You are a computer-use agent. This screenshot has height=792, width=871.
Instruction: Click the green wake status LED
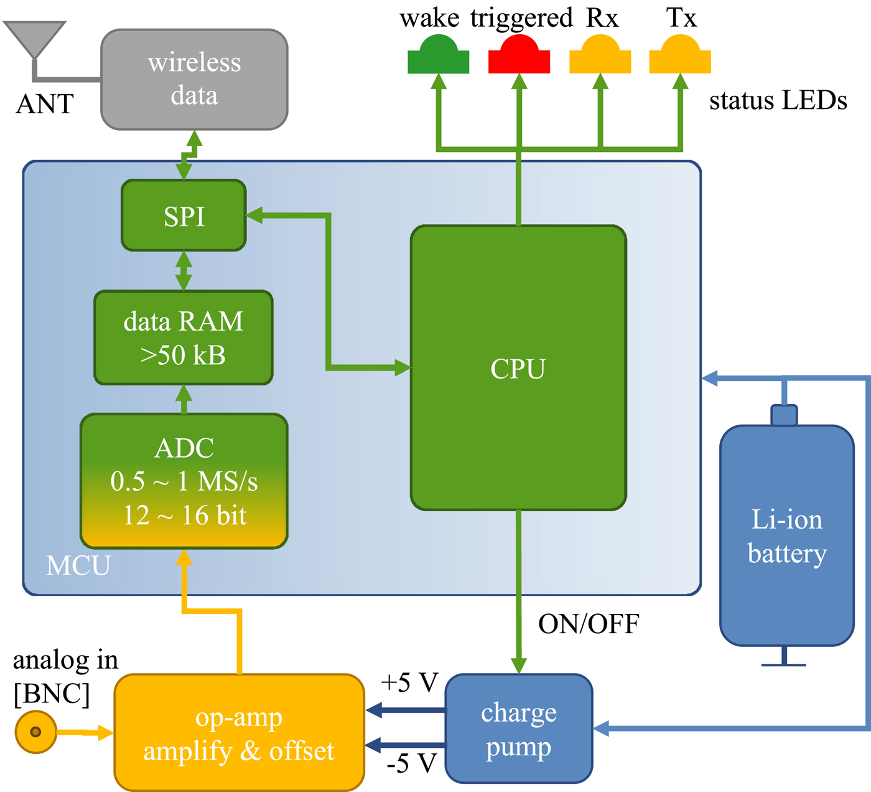(x=438, y=56)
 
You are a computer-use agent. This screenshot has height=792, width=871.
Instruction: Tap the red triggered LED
(x=519, y=56)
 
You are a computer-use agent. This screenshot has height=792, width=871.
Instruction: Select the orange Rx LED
(x=600, y=56)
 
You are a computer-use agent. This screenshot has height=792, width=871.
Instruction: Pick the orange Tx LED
(x=680, y=56)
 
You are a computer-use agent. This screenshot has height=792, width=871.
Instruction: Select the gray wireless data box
(x=194, y=80)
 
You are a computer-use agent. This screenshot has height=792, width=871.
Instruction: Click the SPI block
(x=184, y=215)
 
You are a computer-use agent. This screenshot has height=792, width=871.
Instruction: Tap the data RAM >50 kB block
(x=184, y=337)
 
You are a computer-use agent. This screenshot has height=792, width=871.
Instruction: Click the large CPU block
(x=518, y=368)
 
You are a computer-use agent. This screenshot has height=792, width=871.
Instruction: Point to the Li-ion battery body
(x=786, y=535)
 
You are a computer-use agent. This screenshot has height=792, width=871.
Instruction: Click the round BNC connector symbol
(x=35, y=732)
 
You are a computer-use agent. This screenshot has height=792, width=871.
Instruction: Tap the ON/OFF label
(x=589, y=624)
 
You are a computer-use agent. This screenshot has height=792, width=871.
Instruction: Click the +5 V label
(x=410, y=683)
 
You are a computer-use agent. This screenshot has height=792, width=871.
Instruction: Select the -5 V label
(x=411, y=763)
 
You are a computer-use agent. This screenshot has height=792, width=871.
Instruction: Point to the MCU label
(x=78, y=565)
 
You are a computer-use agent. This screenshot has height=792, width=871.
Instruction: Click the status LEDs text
(x=778, y=101)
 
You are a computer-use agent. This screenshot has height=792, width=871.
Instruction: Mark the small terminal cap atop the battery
(x=784, y=415)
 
